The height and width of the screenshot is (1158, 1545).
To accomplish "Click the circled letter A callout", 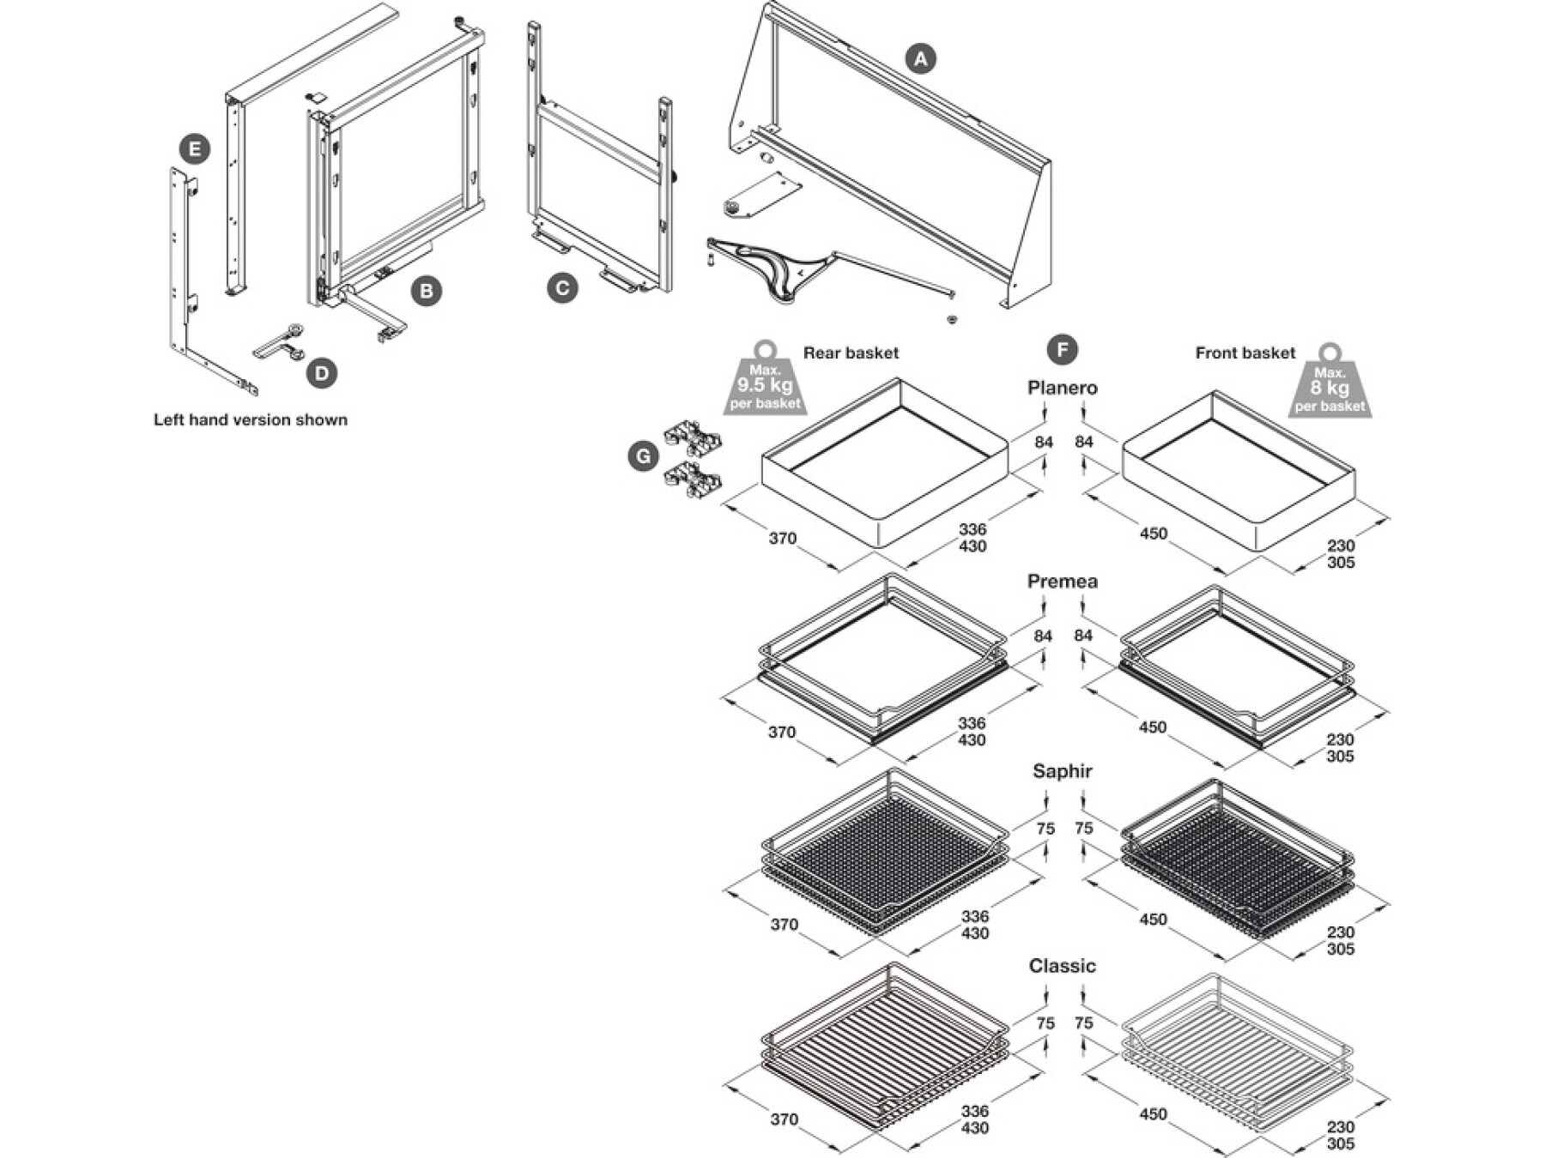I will tap(920, 59).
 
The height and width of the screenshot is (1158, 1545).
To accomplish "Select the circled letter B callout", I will tap(426, 291).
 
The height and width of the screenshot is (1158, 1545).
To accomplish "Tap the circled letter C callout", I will tap(562, 288).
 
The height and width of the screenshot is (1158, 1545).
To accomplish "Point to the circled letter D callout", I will tap(322, 373).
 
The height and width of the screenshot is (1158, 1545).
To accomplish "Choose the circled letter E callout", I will tap(195, 149).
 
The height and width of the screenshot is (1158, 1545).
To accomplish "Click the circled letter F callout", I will tap(1063, 350).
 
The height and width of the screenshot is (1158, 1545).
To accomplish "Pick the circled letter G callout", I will tap(643, 456).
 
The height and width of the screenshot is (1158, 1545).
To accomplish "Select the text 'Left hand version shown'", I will tap(251, 419).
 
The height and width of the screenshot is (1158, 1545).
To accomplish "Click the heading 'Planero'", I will tap(1063, 388).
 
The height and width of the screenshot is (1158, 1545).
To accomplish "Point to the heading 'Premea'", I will tap(1063, 582).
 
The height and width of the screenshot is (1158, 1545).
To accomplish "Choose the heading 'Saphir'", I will tap(1063, 771).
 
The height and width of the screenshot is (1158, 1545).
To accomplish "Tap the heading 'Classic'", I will tap(1063, 966).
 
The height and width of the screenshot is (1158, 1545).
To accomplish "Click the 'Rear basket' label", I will tap(851, 353).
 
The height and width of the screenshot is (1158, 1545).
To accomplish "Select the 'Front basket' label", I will tap(1245, 353).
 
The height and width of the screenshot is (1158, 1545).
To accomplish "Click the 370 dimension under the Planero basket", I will tap(783, 539).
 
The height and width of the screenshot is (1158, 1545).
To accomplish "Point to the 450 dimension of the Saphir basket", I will tap(1154, 920).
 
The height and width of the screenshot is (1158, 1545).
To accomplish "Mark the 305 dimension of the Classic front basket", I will tap(1341, 1143).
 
